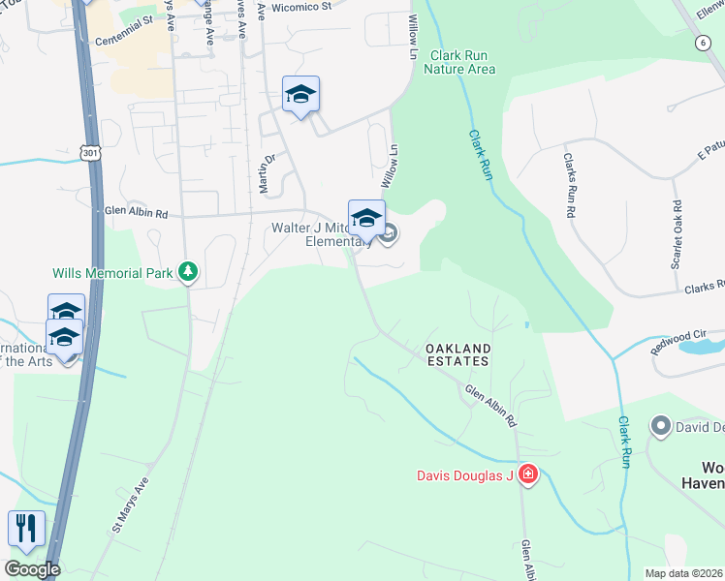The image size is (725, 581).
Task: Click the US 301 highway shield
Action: pyautogui.click(x=90, y=153)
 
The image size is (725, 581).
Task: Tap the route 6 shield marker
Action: pyautogui.click(x=701, y=43)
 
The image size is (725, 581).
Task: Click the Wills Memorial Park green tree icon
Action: pyautogui.click(x=189, y=273)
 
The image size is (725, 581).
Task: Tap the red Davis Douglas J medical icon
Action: pyautogui.click(x=528, y=474)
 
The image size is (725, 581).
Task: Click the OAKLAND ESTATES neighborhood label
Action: pyautogui.click(x=458, y=353)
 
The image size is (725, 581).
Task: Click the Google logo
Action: pyautogui.click(x=32, y=568)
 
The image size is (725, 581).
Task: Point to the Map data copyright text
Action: pyautogui.click(x=683, y=573)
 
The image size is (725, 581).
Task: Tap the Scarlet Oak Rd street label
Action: pyautogui.click(x=677, y=234)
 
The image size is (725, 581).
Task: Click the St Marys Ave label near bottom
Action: pyautogui.click(x=132, y=505)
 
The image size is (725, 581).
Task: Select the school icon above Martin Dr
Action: pyautogui.click(x=300, y=95)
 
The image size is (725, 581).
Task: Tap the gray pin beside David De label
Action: pyautogui.click(x=661, y=426)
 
